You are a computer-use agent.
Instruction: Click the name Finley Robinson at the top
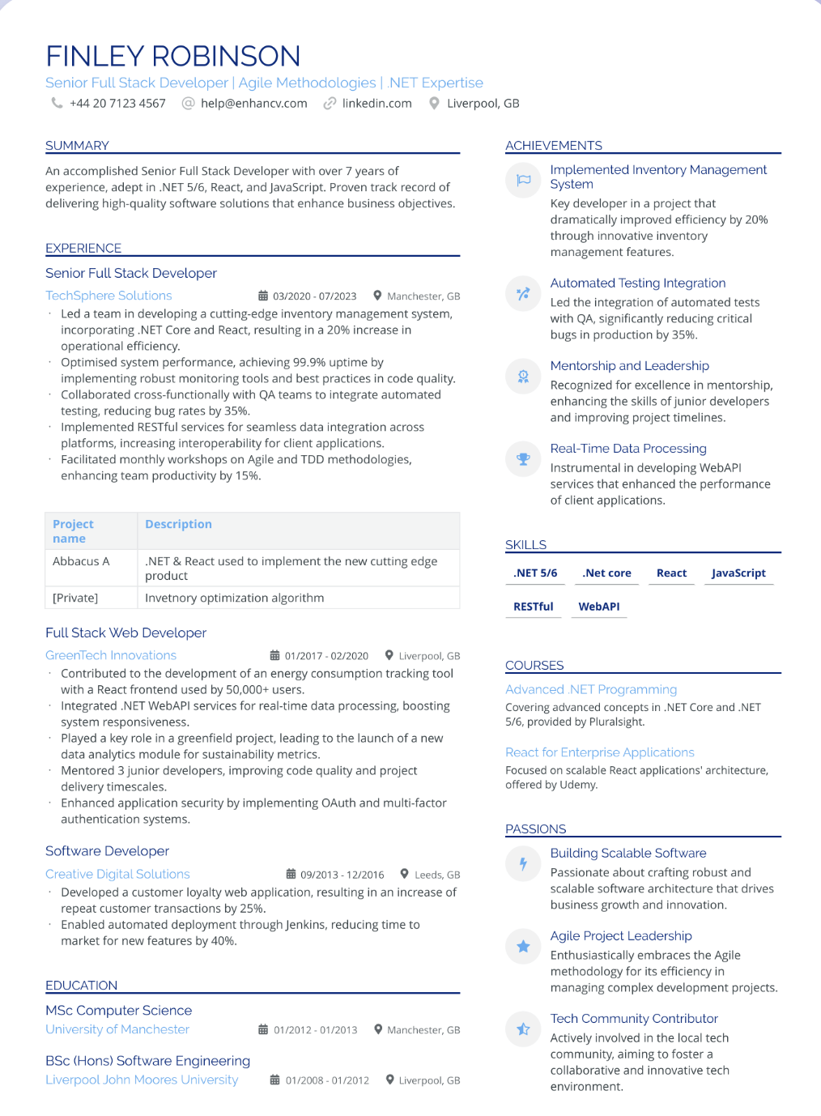pyautogui.click(x=173, y=57)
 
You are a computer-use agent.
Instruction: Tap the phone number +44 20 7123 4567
pyautogui.click(x=117, y=104)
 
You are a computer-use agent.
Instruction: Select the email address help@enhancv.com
pyautogui.click(x=253, y=104)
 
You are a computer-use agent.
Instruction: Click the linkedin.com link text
pyautogui.click(x=376, y=104)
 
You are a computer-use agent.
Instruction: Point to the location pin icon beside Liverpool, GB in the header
pyautogui.click(x=435, y=104)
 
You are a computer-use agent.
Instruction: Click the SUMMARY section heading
pyautogui.click(x=77, y=146)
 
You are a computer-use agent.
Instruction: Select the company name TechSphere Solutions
pyautogui.click(x=108, y=296)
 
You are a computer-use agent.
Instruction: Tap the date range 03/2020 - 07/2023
pyautogui.click(x=314, y=296)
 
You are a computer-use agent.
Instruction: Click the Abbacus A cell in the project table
pyautogui.click(x=81, y=561)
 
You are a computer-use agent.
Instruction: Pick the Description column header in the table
pyautogui.click(x=178, y=524)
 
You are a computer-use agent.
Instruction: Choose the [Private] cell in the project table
pyautogui.click(x=75, y=598)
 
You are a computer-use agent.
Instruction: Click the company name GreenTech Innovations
pyautogui.click(x=111, y=655)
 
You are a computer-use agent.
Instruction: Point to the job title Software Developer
pyautogui.click(x=107, y=851)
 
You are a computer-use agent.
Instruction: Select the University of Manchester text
pyautogui.click(x=117, y=1029)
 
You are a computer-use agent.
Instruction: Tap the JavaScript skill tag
pyautogui.click(x=738, y=573)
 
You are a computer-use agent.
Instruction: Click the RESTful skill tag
pyautogui.click(x=534, y=607)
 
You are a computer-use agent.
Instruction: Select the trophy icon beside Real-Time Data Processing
pyautogui.click(x=523, y=459)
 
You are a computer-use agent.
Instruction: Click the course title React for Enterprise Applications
pyautogui.click(x=599, y=752)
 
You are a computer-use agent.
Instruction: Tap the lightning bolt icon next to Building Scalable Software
pyautogui.click(x=523, y=863)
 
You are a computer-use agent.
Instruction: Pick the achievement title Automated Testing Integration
pyautogui.click(x=638, y=283)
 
